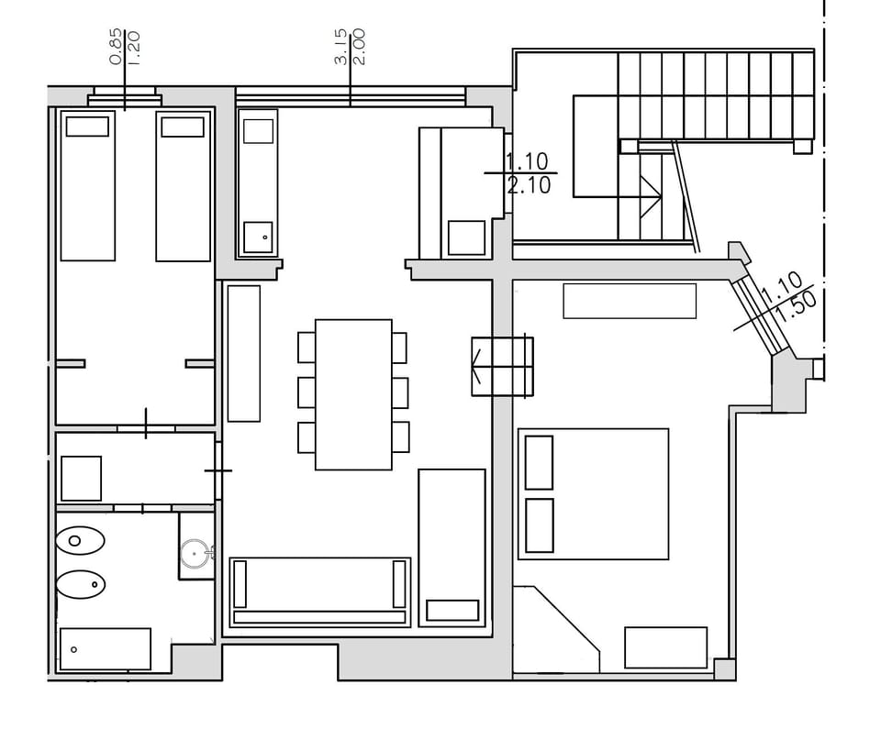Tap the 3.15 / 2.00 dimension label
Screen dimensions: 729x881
pos(350,46)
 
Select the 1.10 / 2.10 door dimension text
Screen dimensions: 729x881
pos(528,173)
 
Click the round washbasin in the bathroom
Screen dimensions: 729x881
pos(196,553)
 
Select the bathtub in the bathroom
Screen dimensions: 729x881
pos(105,649)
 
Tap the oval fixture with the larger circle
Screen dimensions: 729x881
pos(80,541)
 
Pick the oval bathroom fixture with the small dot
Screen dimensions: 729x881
pos(80,583)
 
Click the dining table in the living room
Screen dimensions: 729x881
pos(353,394)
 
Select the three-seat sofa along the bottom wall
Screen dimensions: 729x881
pos(319,591)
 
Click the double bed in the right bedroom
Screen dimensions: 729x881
pos(593,493)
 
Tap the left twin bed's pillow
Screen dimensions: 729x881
pos(87,127)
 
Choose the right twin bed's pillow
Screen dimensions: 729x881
pos(182,127)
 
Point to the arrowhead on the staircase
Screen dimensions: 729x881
pos(652,194)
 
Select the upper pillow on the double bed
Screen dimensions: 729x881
pos(539,462)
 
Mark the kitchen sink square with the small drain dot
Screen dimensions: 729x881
pos(258,237)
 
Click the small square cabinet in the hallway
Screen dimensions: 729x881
pos(81,479)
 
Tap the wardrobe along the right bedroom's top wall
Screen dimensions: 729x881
pos(629,301)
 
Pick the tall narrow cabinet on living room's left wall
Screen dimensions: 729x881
pos(243,353)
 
